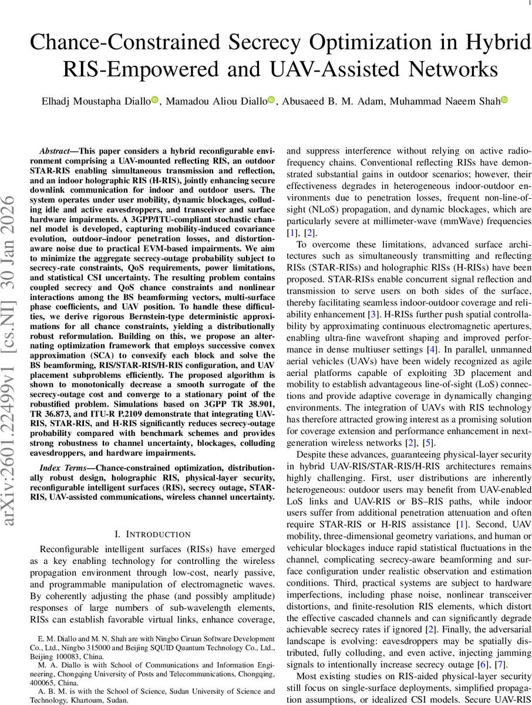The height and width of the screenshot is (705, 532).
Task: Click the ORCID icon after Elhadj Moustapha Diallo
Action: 155,100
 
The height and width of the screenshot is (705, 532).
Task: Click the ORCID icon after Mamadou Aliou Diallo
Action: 271,100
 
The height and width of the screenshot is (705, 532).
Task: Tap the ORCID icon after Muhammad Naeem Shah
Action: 504,100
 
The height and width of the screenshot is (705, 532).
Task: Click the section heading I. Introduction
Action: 153,534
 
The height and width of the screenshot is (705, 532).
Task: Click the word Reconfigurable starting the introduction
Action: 65,550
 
